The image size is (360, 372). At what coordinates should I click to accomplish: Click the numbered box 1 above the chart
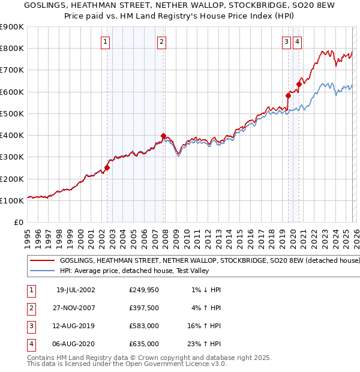coord(106,41)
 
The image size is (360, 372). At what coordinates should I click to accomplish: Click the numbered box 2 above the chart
coord(162,41)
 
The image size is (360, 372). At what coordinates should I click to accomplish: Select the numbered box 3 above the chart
coord(286,41)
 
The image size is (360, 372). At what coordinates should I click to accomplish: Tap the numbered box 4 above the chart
coord(298,41)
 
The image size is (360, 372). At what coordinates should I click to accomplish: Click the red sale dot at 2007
coord(164,136)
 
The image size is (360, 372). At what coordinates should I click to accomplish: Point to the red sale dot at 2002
coord(107,168)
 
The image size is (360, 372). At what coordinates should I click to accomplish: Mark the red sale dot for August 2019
coord(288,95)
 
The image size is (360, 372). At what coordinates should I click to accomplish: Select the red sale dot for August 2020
coord(299,84)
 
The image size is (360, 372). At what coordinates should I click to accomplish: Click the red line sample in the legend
coord(42,261)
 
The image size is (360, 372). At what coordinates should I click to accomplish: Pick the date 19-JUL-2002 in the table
coord(76,290)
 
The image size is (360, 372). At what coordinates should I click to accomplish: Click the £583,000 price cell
coord(144,326)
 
